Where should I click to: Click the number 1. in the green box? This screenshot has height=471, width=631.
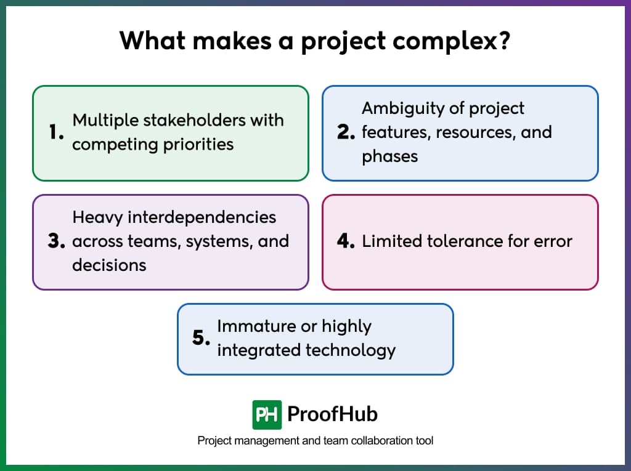pos(56,132)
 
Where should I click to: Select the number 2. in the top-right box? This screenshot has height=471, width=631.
pos(346,132)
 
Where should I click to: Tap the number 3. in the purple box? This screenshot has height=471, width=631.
pos(56,241)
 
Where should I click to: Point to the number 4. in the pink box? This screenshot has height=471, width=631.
pos(346,241)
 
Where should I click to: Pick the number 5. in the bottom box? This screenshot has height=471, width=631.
pos(202,338)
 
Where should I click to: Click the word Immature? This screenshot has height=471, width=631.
pos(253,326)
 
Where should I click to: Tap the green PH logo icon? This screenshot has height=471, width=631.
pos(267,414)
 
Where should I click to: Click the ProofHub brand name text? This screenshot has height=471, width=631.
pos(332,414)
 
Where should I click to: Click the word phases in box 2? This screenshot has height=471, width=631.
pos(389,156)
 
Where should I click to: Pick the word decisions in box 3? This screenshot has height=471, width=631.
pos(109,265)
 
